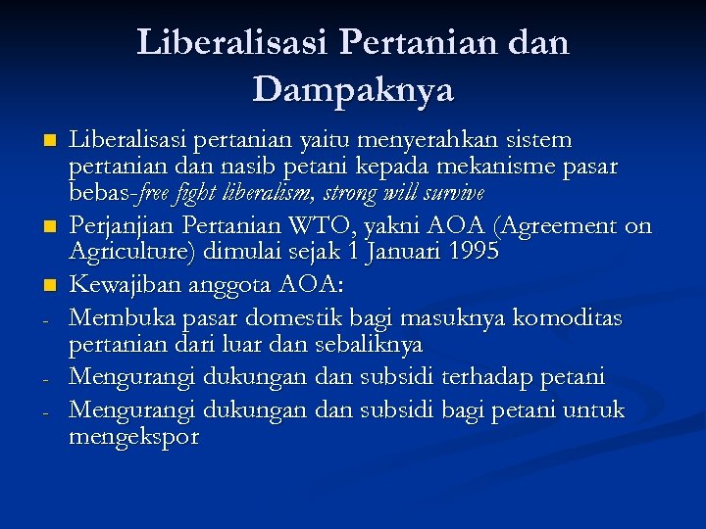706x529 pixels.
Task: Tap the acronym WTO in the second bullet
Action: tap(337, 226)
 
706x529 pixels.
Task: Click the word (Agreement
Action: tap(554, 226)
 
